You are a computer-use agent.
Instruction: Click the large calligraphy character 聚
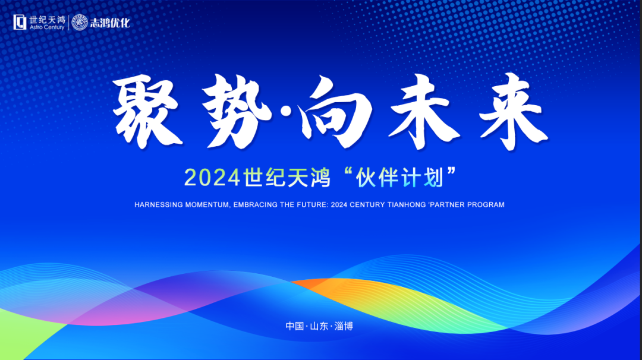[x=147, y=111]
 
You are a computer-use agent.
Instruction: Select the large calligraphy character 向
[x=336, y=111]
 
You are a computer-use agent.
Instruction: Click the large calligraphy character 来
[x=514, y=111]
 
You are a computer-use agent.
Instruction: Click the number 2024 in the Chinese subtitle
[x=212, y=178]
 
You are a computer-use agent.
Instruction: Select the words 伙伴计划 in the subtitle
[x=399, y=178]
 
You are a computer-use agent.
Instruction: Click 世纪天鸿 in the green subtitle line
[x=287, y=178]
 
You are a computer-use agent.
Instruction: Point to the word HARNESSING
[x=159, y=205]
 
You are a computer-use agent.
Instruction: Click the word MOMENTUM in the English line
[x=207, y=205]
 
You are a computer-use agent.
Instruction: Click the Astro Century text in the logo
[x=47, y=27]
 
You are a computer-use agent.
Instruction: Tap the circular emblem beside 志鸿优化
[x=80, y=23]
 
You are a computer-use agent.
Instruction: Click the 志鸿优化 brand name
[x=110, y=23]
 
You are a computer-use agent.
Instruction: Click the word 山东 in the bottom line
[x=319, y=326]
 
